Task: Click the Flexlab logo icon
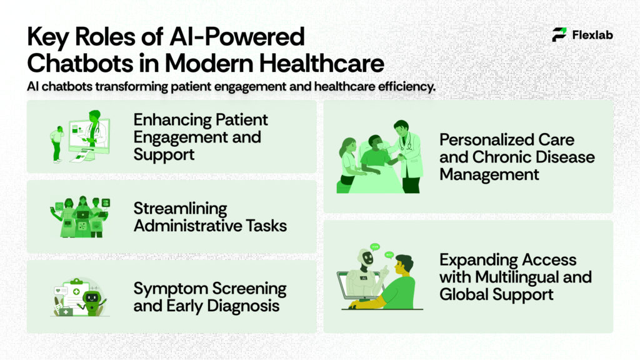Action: point(559,35)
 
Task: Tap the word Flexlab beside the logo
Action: point(592,35)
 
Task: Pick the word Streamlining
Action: point(180,209)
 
